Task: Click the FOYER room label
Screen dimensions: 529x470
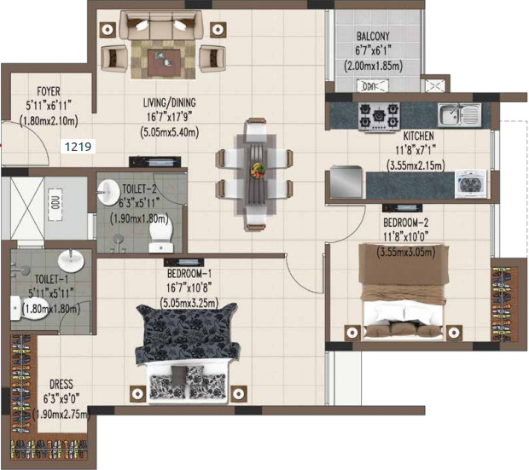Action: click(x=49, y=91)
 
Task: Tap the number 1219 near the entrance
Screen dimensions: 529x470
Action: click(x=78, y=147)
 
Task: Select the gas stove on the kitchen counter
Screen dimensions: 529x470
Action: click(x=379, y=117)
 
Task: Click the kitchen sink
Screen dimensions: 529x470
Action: click(x=460, y=114)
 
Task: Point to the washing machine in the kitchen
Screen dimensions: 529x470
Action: click(x=471, y=184)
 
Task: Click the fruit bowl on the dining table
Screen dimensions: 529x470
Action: click(x=258, y=169)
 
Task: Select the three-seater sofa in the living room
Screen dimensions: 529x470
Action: click(x=160, y=26)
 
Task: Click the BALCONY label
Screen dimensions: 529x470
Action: click(x=373, y=36)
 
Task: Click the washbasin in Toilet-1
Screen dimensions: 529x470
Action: click(x=71, y=260)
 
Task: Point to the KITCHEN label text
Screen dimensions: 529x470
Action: click(x=418, y=136)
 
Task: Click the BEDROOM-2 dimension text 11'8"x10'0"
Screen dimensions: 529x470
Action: click(x=406, y=237)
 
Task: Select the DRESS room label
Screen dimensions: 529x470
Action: click(x=61, y=384)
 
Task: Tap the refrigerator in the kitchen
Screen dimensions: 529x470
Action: click(x=346, y=182)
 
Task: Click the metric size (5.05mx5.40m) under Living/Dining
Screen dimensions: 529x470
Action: click(x=169, y=132)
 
